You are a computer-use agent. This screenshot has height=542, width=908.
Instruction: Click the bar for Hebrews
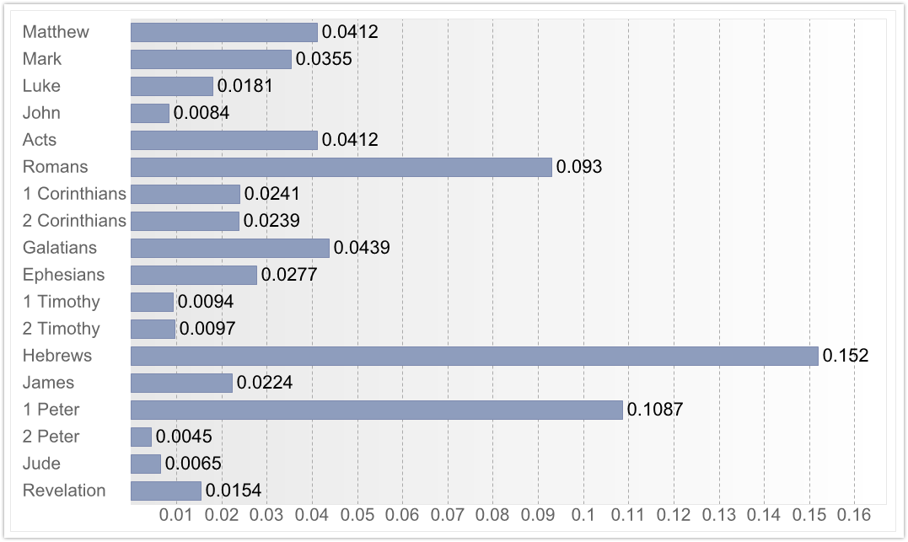474,356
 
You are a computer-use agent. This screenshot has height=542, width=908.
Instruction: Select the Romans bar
341,167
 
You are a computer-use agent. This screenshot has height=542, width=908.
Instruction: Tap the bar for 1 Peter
376,410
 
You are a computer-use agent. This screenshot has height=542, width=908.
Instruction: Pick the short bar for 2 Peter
141,437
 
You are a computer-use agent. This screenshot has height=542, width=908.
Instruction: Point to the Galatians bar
229,248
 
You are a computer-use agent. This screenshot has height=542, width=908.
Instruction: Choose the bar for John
149,113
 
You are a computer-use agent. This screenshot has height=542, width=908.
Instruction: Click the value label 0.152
846,356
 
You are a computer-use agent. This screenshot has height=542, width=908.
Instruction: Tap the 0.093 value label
579,167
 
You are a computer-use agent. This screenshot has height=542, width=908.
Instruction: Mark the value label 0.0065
193,464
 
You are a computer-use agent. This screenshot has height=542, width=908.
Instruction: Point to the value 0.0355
324,59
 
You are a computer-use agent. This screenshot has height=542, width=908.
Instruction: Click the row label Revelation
64,491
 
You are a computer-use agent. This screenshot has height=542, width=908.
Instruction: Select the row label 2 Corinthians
74,221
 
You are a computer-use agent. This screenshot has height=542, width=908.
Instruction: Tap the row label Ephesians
63,275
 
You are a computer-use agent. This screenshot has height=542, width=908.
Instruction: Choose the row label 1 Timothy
62,302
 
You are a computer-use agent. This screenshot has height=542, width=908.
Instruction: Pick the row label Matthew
56,32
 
